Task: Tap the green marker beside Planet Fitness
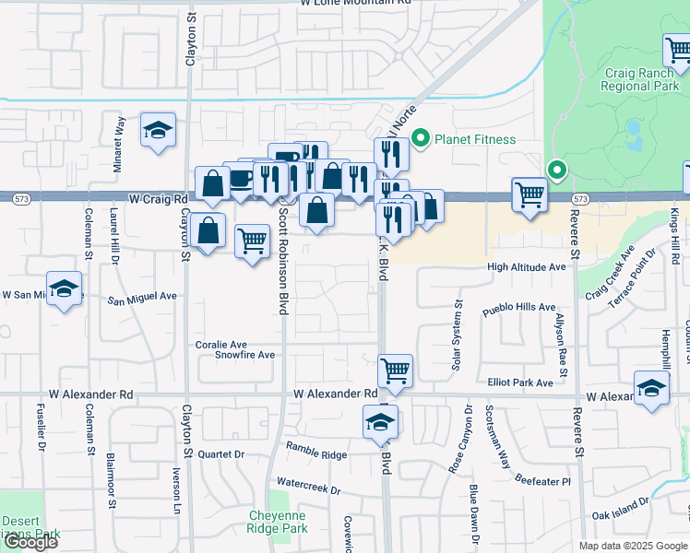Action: pos(422,139)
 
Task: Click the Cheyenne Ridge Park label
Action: pos(277,523)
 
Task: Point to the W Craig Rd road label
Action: pos(158,198)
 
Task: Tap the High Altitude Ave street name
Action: pos(526,266)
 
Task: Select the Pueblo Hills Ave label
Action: pos(519,307)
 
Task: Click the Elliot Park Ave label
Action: pos(519,382)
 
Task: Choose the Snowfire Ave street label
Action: pos(244,355)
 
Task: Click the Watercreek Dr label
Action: pos(308,482)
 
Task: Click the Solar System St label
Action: pos(456,335)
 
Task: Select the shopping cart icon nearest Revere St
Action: pos(529,194)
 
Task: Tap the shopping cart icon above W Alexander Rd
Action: pos(395,371)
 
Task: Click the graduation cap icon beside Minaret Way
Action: pos(158,130)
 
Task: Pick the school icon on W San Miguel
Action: pos(64,288)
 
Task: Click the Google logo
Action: pos(30,542)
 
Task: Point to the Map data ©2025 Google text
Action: pos(632,546)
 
